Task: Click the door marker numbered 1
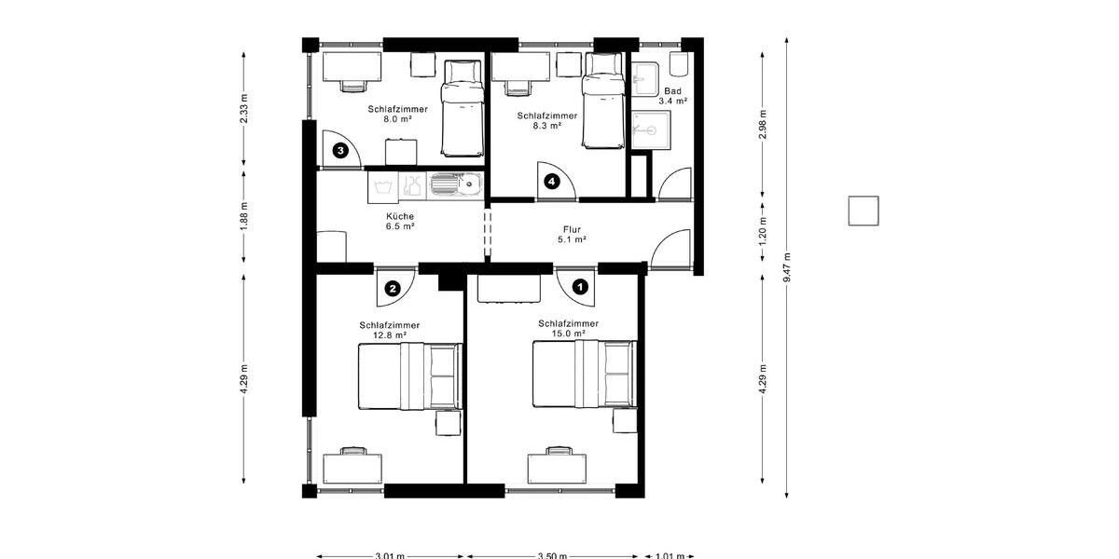580,287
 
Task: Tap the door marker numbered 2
393,289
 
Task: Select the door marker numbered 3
341,149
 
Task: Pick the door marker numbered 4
552,182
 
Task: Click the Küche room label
400,221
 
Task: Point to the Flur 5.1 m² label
572,234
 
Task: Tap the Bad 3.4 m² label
672,96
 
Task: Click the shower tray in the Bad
650,129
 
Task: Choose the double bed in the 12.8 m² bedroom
410,375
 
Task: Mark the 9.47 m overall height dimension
787,266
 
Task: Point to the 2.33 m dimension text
244,108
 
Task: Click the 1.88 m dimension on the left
244,215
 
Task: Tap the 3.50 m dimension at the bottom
552,555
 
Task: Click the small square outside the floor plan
863,211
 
